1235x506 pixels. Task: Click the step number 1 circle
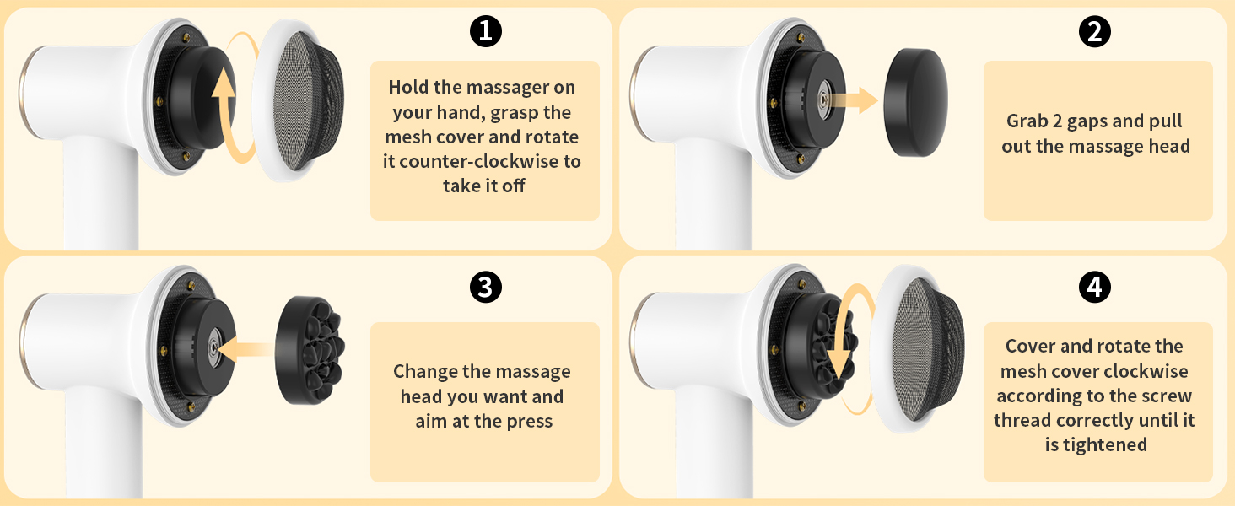coord(485,32)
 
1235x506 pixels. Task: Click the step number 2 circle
coord(1095,32)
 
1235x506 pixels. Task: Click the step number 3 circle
coord(485,288)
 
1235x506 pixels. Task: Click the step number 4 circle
coord(1095,288)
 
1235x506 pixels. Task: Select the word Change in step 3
coord(427,372)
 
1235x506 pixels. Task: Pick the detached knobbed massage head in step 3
coord(310,349)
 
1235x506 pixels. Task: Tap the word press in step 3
coord(528,421)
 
